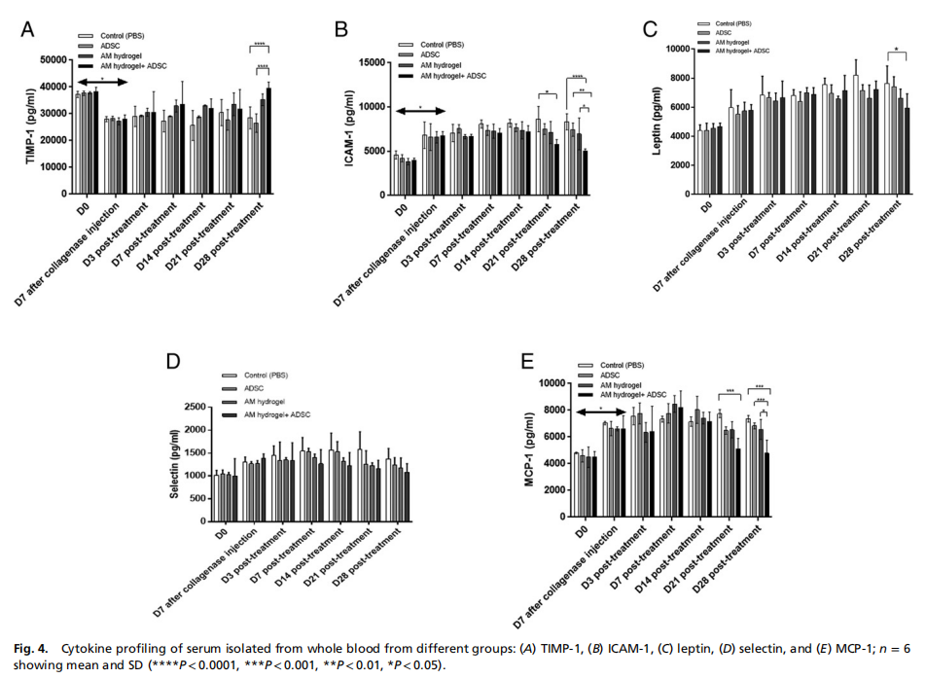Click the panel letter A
(29, 30)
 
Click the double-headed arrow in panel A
(101, 83)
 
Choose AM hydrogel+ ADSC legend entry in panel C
(741, 50)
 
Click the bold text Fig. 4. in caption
(37, 646)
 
